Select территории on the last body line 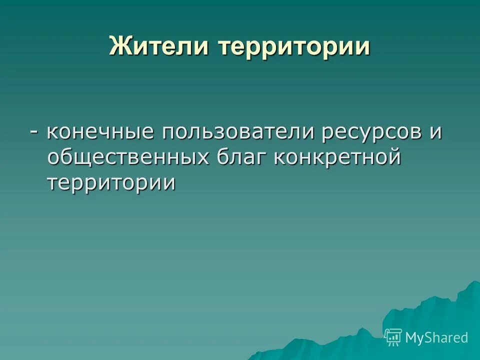(111, 182)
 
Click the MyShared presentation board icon (393, 338)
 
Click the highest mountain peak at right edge (472, 284)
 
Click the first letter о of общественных (53, 158)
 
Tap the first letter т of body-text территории (53, 182)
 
